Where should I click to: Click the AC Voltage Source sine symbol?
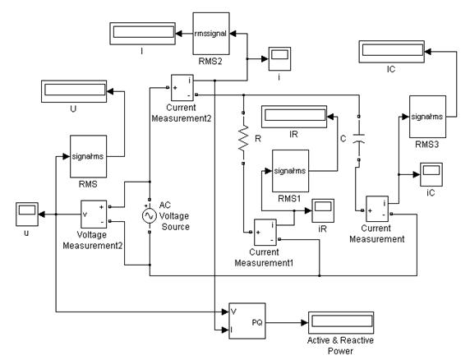click(149, 216)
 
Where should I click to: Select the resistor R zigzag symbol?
click(243, 138)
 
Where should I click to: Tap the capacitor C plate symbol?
click(359, 137)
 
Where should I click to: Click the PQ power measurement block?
click(247, 321)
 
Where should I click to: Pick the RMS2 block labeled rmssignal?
click(211, 34)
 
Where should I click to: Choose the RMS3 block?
click(427, 117)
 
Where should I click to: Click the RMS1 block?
click(290, 171)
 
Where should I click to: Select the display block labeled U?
click(74, 91)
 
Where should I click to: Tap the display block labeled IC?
click(391, 52)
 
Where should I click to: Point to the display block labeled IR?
click(294, 117)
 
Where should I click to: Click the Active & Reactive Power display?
click(341, 323)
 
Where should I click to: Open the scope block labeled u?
click(27, 215)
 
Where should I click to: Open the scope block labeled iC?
click(431, 174)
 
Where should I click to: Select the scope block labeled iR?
click(323, 210)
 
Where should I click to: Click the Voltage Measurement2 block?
click(94, 215)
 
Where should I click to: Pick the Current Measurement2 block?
click(182, 87)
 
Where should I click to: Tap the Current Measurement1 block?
click(265, 233)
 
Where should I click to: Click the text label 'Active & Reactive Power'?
click(340, 345)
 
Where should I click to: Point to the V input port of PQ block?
click(234, 312)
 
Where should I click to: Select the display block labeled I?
click(142, 34)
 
